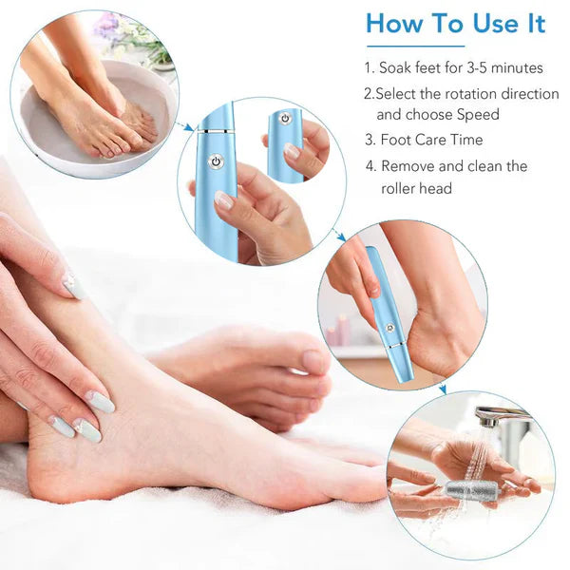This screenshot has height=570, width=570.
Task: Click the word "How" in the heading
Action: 395,24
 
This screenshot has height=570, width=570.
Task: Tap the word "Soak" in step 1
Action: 397,68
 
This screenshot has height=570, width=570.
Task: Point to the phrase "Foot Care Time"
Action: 431,140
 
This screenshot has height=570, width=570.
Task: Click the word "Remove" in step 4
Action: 409,166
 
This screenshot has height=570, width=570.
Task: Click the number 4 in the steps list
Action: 370,166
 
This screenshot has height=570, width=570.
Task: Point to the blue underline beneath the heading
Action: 415,46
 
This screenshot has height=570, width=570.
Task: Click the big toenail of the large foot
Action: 313,362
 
